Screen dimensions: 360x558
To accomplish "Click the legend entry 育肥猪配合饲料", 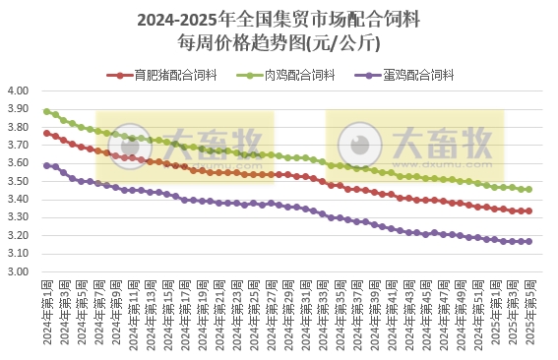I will point(170,75).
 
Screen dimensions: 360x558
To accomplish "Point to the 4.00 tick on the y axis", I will point(20,90).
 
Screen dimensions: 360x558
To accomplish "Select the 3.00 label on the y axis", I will point(20,271).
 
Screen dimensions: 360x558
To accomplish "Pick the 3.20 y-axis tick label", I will point(20,235).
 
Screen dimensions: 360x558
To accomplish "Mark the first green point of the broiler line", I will point(47,111).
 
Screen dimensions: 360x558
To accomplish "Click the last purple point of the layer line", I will point(528,241).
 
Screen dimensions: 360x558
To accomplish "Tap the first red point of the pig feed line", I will point(47,133).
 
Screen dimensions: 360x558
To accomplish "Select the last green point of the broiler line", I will point(528,189).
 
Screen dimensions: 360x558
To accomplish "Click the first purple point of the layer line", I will point(47,165).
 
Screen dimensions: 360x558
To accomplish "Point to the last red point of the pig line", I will point(528,210).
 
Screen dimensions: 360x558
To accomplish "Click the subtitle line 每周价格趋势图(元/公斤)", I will point(279,43).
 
